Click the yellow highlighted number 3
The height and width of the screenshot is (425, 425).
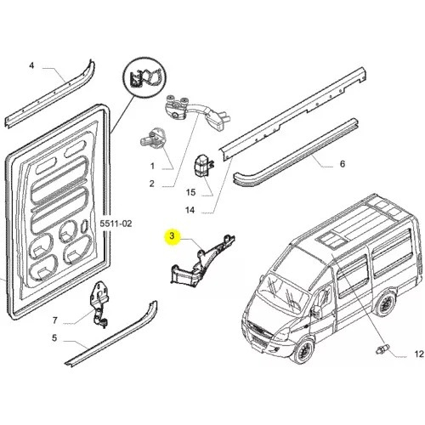click(172, 235)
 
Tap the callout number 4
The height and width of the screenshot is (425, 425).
click(31, 65)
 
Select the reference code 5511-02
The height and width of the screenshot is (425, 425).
click(116, 224)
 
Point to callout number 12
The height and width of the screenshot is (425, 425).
click(419, 354)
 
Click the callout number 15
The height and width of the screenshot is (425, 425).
click(190, 192)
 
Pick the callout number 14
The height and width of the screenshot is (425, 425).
click(190, 210)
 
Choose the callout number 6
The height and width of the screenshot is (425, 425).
click(343, 163)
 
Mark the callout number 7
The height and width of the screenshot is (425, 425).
click(55, 320)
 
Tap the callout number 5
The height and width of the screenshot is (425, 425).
click(54, 338)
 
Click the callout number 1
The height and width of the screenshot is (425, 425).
click(152, 166)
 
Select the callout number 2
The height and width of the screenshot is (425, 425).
click(152, 184)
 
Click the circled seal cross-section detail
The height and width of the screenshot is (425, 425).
click(145, 76)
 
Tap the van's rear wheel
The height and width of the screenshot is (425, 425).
click(384, 303)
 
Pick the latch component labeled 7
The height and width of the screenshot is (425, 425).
click(99, 303)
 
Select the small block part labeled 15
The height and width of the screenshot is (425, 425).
click(203, 166)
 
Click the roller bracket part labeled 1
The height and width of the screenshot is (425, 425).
click(153, 138)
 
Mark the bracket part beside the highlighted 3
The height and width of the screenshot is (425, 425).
click(201, 260)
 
